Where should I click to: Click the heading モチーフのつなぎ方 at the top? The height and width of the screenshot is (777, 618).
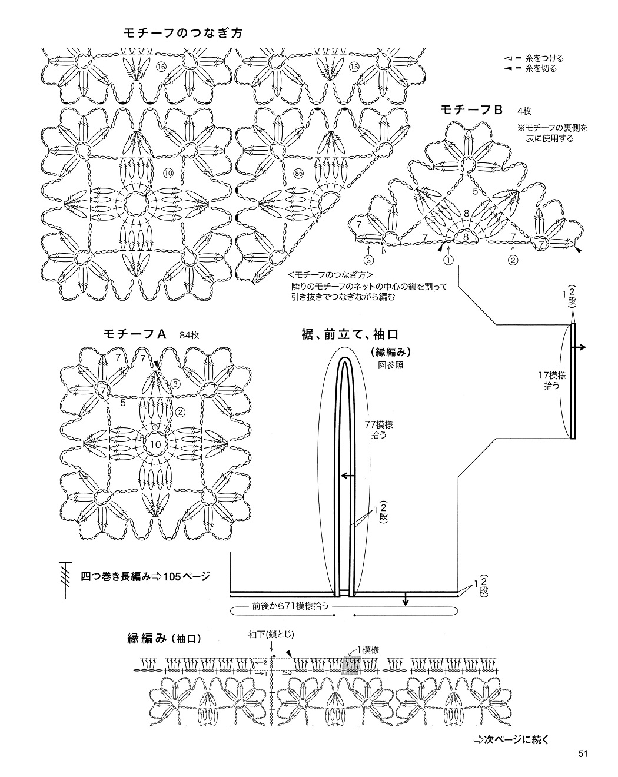pyautogui.click(x=183, y=33)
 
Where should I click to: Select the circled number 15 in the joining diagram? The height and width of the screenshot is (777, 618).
pyautogui.click(x=354, y=67)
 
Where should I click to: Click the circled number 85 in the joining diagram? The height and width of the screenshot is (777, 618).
pyautogui.click(x=298, y=174)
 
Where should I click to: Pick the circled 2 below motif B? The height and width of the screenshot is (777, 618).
pyautogui.click(x=513, y=259)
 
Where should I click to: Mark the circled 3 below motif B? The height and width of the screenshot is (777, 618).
pyautogui.click(x=368, y=259)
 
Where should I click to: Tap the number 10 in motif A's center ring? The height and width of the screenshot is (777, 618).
pyautogui.click(x=156, y=443)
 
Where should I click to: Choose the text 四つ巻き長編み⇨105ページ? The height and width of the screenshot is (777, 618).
pyautogui.click(x=145, y=576)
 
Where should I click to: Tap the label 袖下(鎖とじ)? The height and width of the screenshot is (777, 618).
pyautogui.click(x=270, y=634)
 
